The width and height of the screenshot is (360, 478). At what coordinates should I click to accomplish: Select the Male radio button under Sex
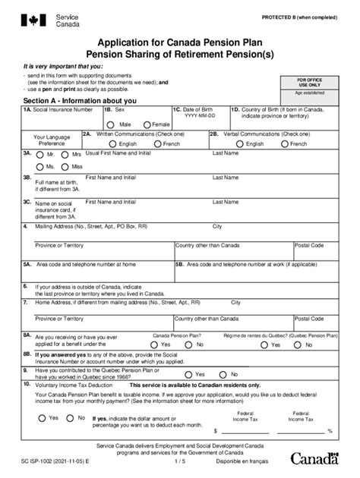[112, 124]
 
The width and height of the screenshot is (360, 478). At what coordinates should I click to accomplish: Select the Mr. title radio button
[39, 154]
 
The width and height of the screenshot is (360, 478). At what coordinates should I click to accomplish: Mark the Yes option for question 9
[189, 374]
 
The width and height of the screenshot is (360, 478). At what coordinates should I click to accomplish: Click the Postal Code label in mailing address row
[309, 245]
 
